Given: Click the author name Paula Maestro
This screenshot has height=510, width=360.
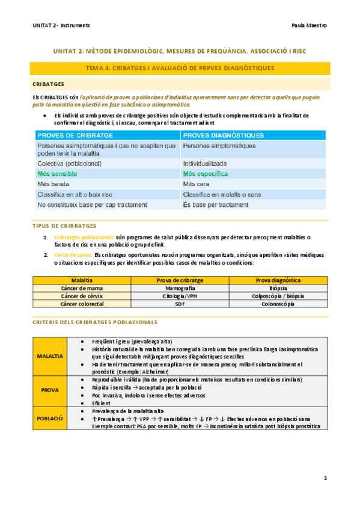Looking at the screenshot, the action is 309,26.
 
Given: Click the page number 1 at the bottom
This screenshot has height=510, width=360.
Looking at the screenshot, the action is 325,478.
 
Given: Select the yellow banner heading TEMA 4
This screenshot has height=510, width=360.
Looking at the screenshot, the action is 180,69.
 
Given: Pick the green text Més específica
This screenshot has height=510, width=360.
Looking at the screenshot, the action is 206,174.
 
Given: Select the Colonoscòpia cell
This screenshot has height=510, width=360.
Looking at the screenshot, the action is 278,304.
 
